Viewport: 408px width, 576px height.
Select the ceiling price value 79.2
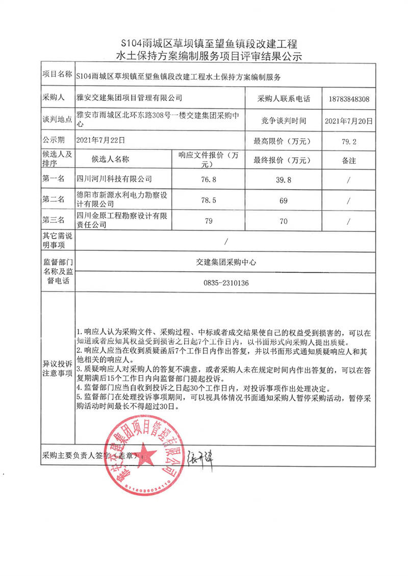[x=349, y=140]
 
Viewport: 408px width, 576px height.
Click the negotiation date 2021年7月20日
[x=349, y=121]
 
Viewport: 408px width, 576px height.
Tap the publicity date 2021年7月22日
[x=100, y=139]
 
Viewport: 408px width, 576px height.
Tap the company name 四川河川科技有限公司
[x=114, y=179]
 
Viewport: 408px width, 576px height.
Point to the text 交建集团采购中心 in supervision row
[x=225, y=262]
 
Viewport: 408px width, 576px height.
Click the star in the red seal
[x=144, y=452]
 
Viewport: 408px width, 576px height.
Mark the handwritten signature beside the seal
[x=200, y=453]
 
